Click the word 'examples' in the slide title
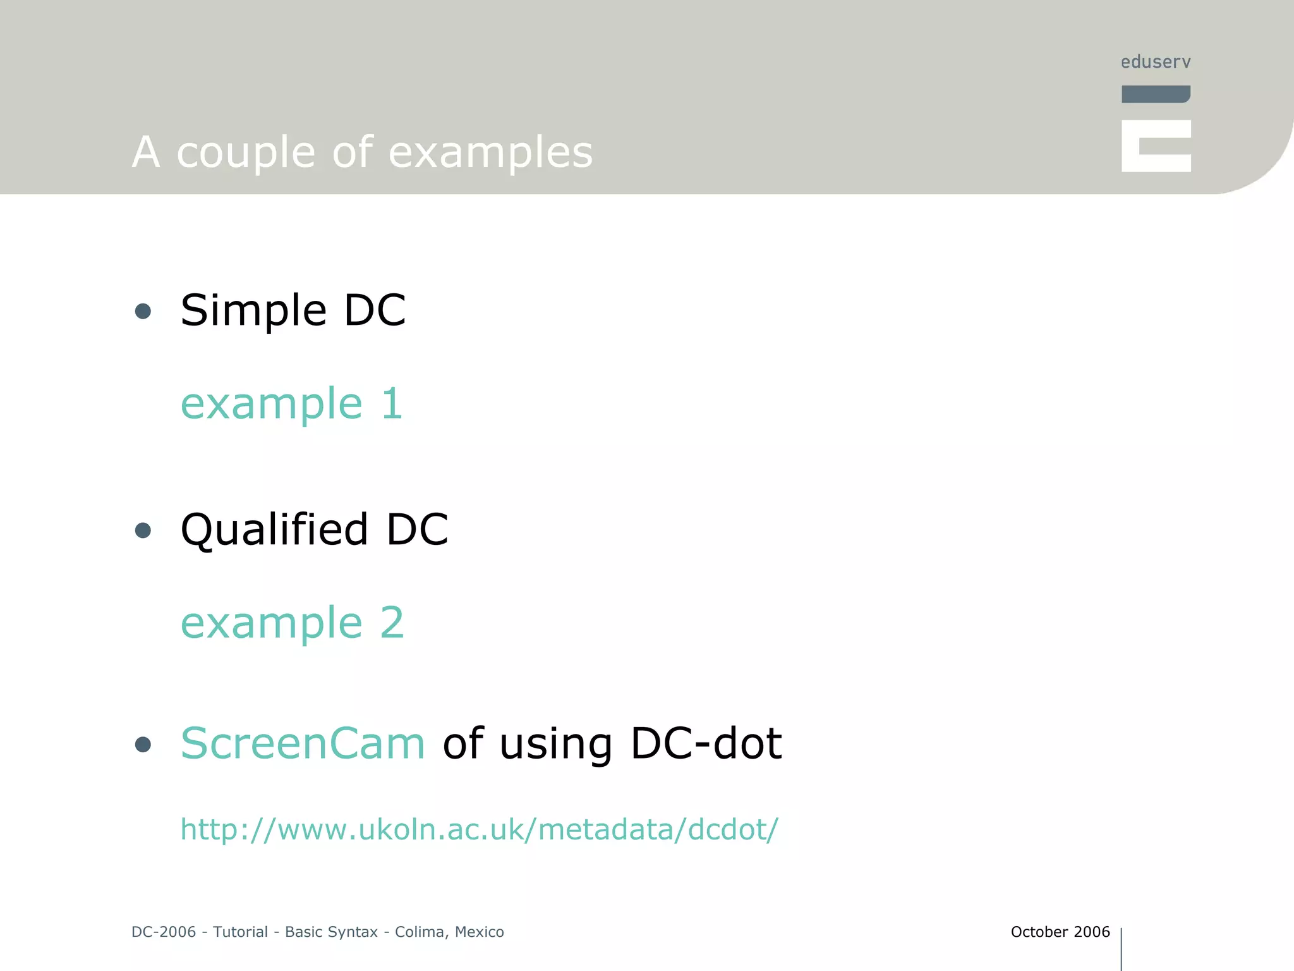coord(490,153)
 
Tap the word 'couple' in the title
coord(245,153)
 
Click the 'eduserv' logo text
coord(1156,62)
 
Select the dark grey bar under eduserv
coord(1156,94)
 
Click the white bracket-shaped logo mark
coord(1156,146)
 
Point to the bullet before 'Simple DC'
coord(143,311)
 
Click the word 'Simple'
coord(253,311)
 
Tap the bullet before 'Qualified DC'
coord(143,530)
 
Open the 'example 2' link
coord(292,623)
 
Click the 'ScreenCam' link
coord(303,743)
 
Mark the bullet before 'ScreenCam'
coord(143,745)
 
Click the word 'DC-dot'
coord(706,743)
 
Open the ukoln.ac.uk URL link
coord(479,829)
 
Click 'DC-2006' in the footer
coord(164,932)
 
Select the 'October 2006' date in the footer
coord(1060,932)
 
